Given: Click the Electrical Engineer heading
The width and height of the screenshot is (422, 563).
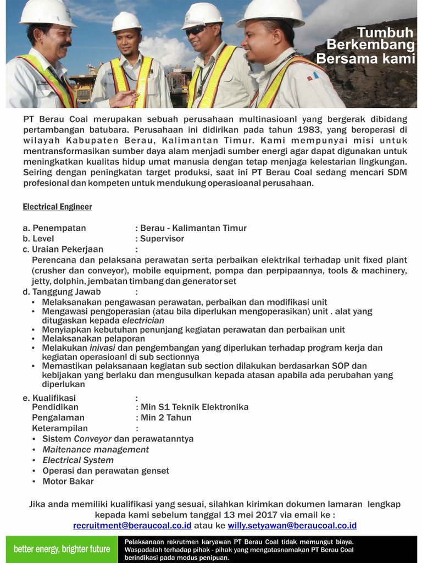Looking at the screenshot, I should pos(57,207).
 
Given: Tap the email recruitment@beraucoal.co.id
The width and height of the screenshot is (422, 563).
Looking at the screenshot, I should pos(132,526).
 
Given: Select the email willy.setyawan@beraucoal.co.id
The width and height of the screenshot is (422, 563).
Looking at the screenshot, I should pos(292,526).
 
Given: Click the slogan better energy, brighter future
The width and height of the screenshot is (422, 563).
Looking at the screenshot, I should pos(62,549).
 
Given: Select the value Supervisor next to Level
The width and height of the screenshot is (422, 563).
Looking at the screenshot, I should pos(162,239).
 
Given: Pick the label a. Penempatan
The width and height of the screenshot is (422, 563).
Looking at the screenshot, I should pos(54,228).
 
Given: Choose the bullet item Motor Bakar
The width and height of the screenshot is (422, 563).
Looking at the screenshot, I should pos(68,482).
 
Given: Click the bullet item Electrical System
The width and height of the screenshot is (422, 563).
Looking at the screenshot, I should pos(78,460).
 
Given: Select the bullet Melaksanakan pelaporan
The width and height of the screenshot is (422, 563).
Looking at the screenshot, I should pos(93,339).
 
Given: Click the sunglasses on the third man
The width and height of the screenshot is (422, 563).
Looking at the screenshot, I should pos(197,30).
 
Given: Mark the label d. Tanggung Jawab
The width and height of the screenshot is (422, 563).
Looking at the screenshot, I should pos(62,292).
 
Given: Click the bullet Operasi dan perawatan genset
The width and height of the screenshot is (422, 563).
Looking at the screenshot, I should pos(105,471).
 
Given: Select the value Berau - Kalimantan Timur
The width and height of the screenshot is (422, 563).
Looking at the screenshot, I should pos(193,228).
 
